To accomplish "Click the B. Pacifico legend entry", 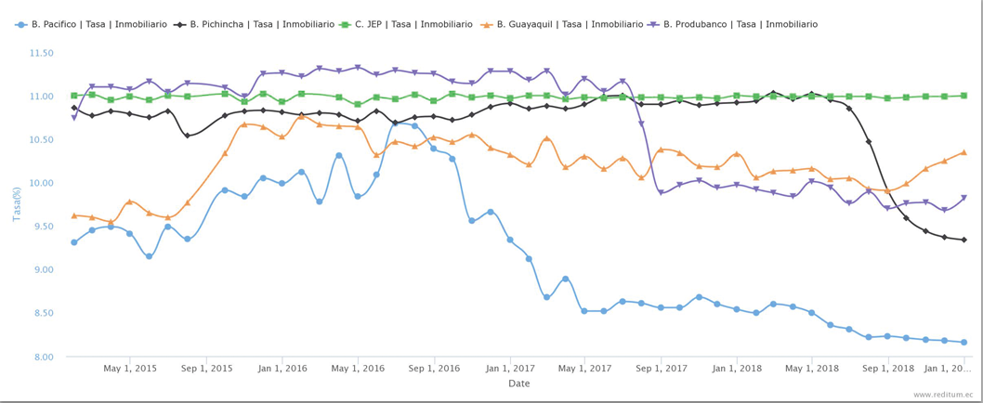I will coord(88,24).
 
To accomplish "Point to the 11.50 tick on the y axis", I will coord(42,53).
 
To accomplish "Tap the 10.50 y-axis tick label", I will coord(42,140).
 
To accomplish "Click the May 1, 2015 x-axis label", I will coord(130,369).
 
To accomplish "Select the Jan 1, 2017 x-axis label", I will coord(511,369).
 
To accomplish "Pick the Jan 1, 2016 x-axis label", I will coord(282,369).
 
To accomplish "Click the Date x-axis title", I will coord(518,383).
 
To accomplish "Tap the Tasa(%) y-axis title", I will coord(17,204).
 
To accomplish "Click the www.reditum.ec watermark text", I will coord(943,395).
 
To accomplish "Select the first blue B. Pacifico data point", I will coord(73,242).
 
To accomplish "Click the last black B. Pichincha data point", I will coord(963,240).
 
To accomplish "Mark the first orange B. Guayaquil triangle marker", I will coord(73,215).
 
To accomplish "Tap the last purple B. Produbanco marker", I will coord(963,198).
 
